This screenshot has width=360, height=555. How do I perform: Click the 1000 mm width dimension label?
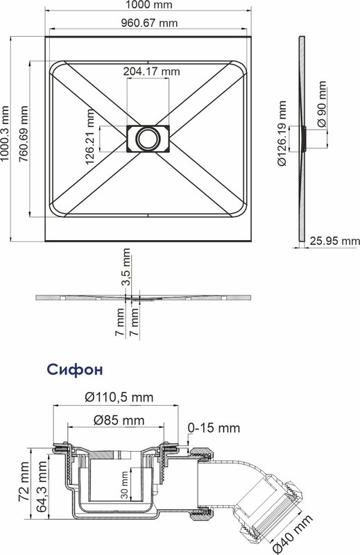pos(148,5)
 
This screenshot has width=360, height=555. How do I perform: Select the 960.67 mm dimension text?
pos(149,24)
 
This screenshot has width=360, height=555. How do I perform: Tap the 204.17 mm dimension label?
pos(151,71)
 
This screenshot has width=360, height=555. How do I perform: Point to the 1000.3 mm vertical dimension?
pos(5,133)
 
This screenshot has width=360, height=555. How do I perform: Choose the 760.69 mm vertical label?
pos(24,134)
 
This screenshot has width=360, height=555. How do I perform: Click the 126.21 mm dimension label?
pos(90,137)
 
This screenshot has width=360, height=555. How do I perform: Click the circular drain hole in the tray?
pos(148,139)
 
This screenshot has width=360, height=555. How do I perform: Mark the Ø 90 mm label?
pos(321,105)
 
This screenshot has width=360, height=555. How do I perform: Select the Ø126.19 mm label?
pos(282,133)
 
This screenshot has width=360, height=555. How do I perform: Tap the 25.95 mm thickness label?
pos(335,241)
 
